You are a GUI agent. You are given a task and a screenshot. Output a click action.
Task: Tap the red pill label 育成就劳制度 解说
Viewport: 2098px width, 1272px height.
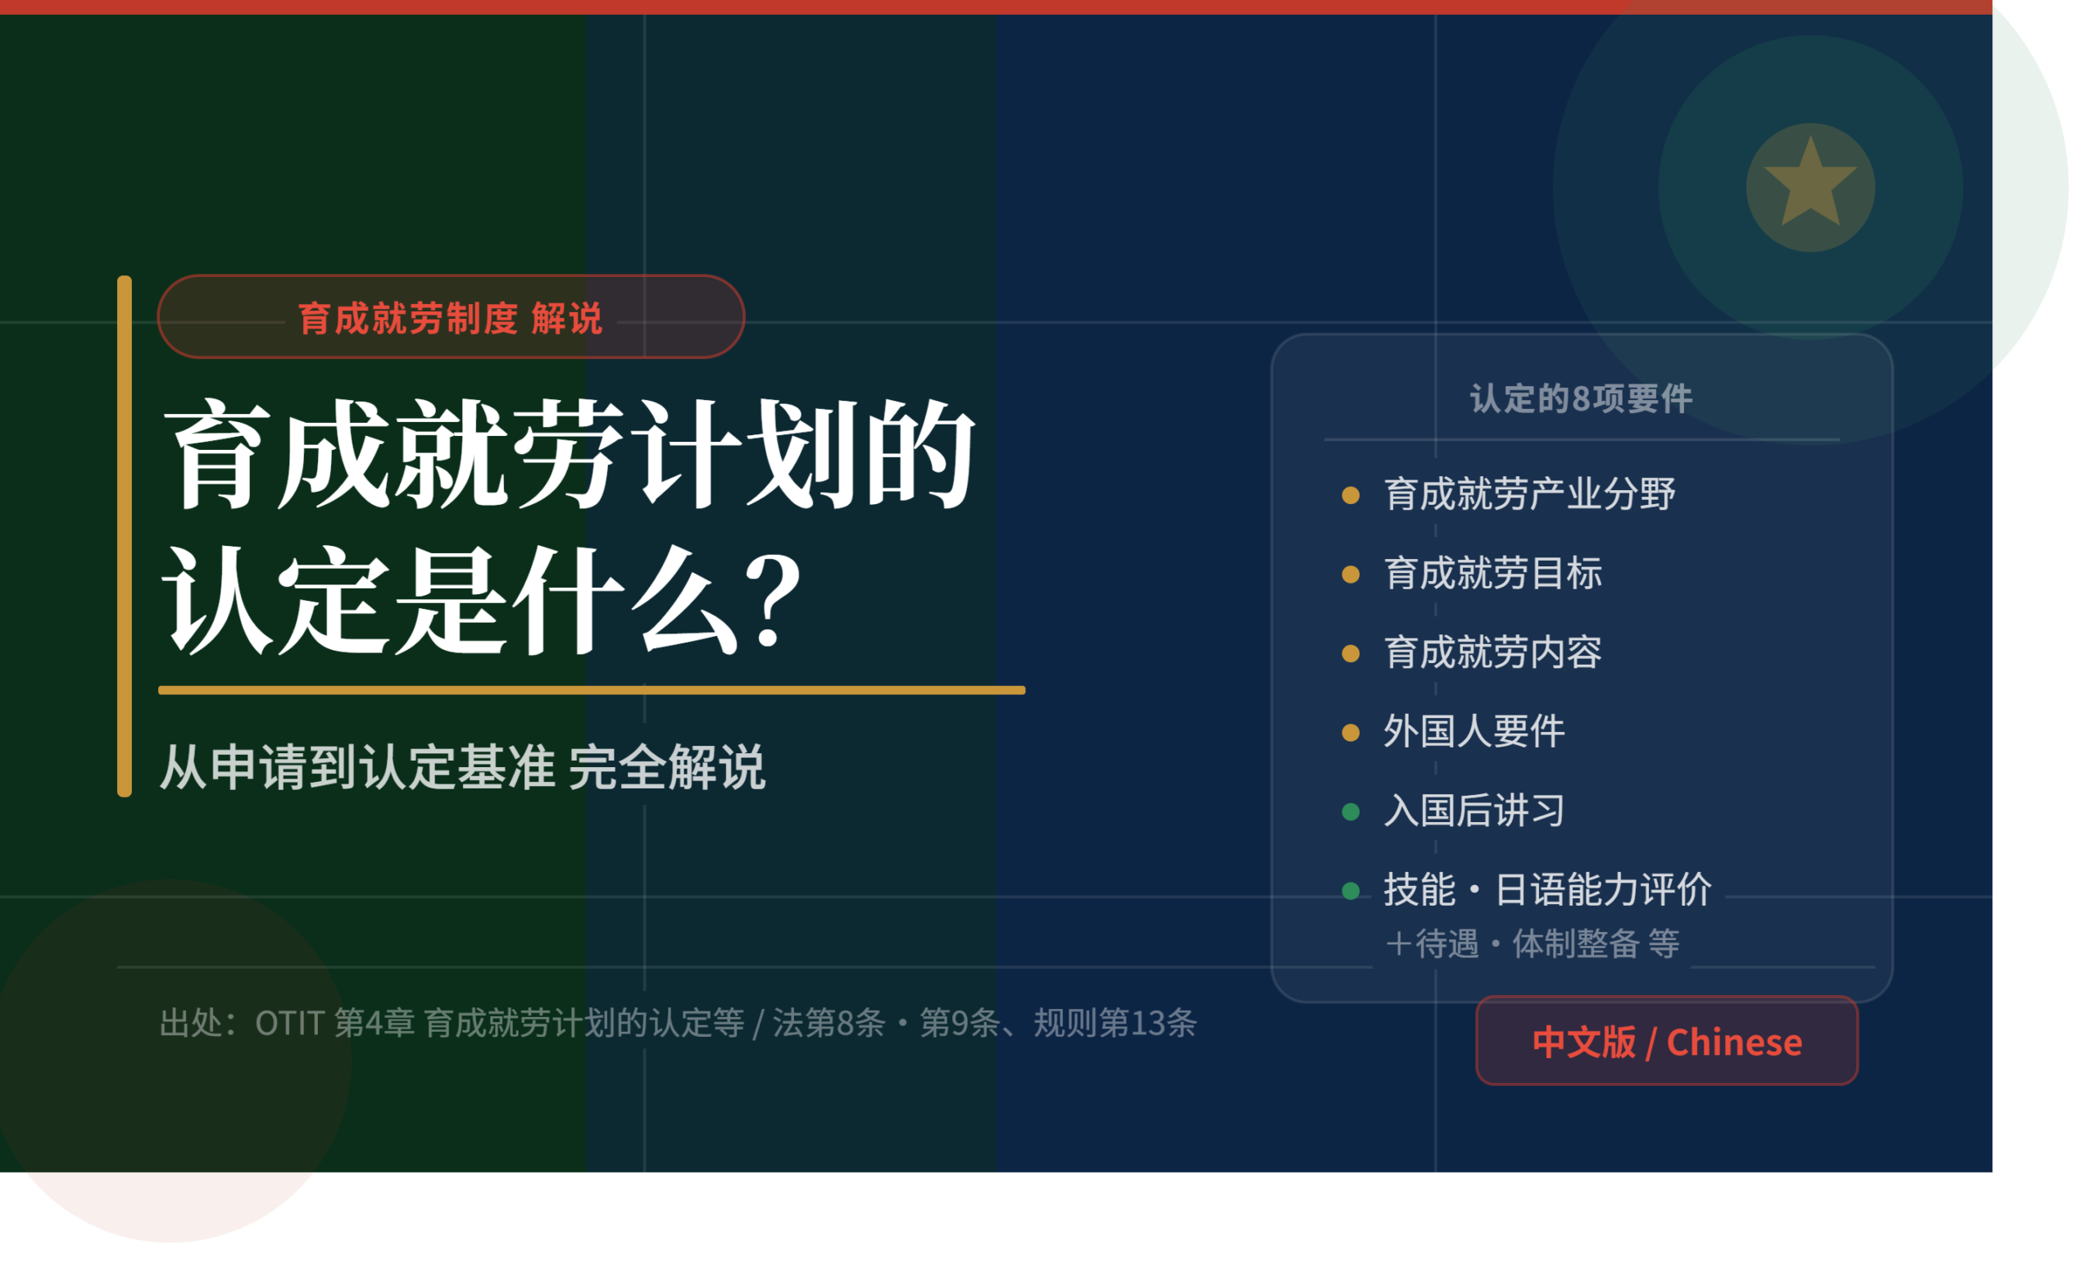click(452, 316)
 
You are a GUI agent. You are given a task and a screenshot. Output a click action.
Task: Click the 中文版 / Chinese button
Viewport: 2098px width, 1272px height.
click(1666, 1040)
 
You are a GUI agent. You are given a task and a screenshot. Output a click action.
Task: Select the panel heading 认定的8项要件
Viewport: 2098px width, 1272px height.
click(1581, 398)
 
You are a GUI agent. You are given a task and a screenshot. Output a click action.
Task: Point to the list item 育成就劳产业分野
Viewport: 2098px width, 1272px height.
click(1529, 494)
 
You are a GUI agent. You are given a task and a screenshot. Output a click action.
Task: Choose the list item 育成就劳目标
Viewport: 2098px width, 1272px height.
click(1492, 573)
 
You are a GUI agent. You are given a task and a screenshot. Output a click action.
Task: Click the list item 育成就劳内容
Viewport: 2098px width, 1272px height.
click(1492, 652)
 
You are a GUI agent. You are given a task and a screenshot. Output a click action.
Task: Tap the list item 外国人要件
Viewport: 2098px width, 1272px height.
click(1474, 731)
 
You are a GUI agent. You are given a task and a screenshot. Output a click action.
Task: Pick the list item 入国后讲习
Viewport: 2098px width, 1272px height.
click(1474, 811)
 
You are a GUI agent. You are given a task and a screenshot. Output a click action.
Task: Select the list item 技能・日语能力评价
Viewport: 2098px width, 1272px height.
click(1547, 890)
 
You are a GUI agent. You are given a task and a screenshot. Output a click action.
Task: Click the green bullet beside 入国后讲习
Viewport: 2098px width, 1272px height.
click(1351, 811)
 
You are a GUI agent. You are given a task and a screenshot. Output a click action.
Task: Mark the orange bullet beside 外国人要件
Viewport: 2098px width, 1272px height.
click(1351, 732)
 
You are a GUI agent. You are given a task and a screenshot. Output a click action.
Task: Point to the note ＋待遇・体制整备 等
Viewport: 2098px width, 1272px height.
click(1533, 943)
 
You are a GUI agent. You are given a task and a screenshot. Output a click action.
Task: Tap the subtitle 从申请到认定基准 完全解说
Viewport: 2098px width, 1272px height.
click(462, 766)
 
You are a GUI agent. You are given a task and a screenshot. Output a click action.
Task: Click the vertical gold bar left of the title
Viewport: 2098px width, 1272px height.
click(125, 536)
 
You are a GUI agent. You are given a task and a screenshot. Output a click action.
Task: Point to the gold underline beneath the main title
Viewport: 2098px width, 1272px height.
click(592, 690)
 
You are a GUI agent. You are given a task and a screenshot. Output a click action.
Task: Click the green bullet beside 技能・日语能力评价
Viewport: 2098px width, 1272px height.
click(1351, 891)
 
